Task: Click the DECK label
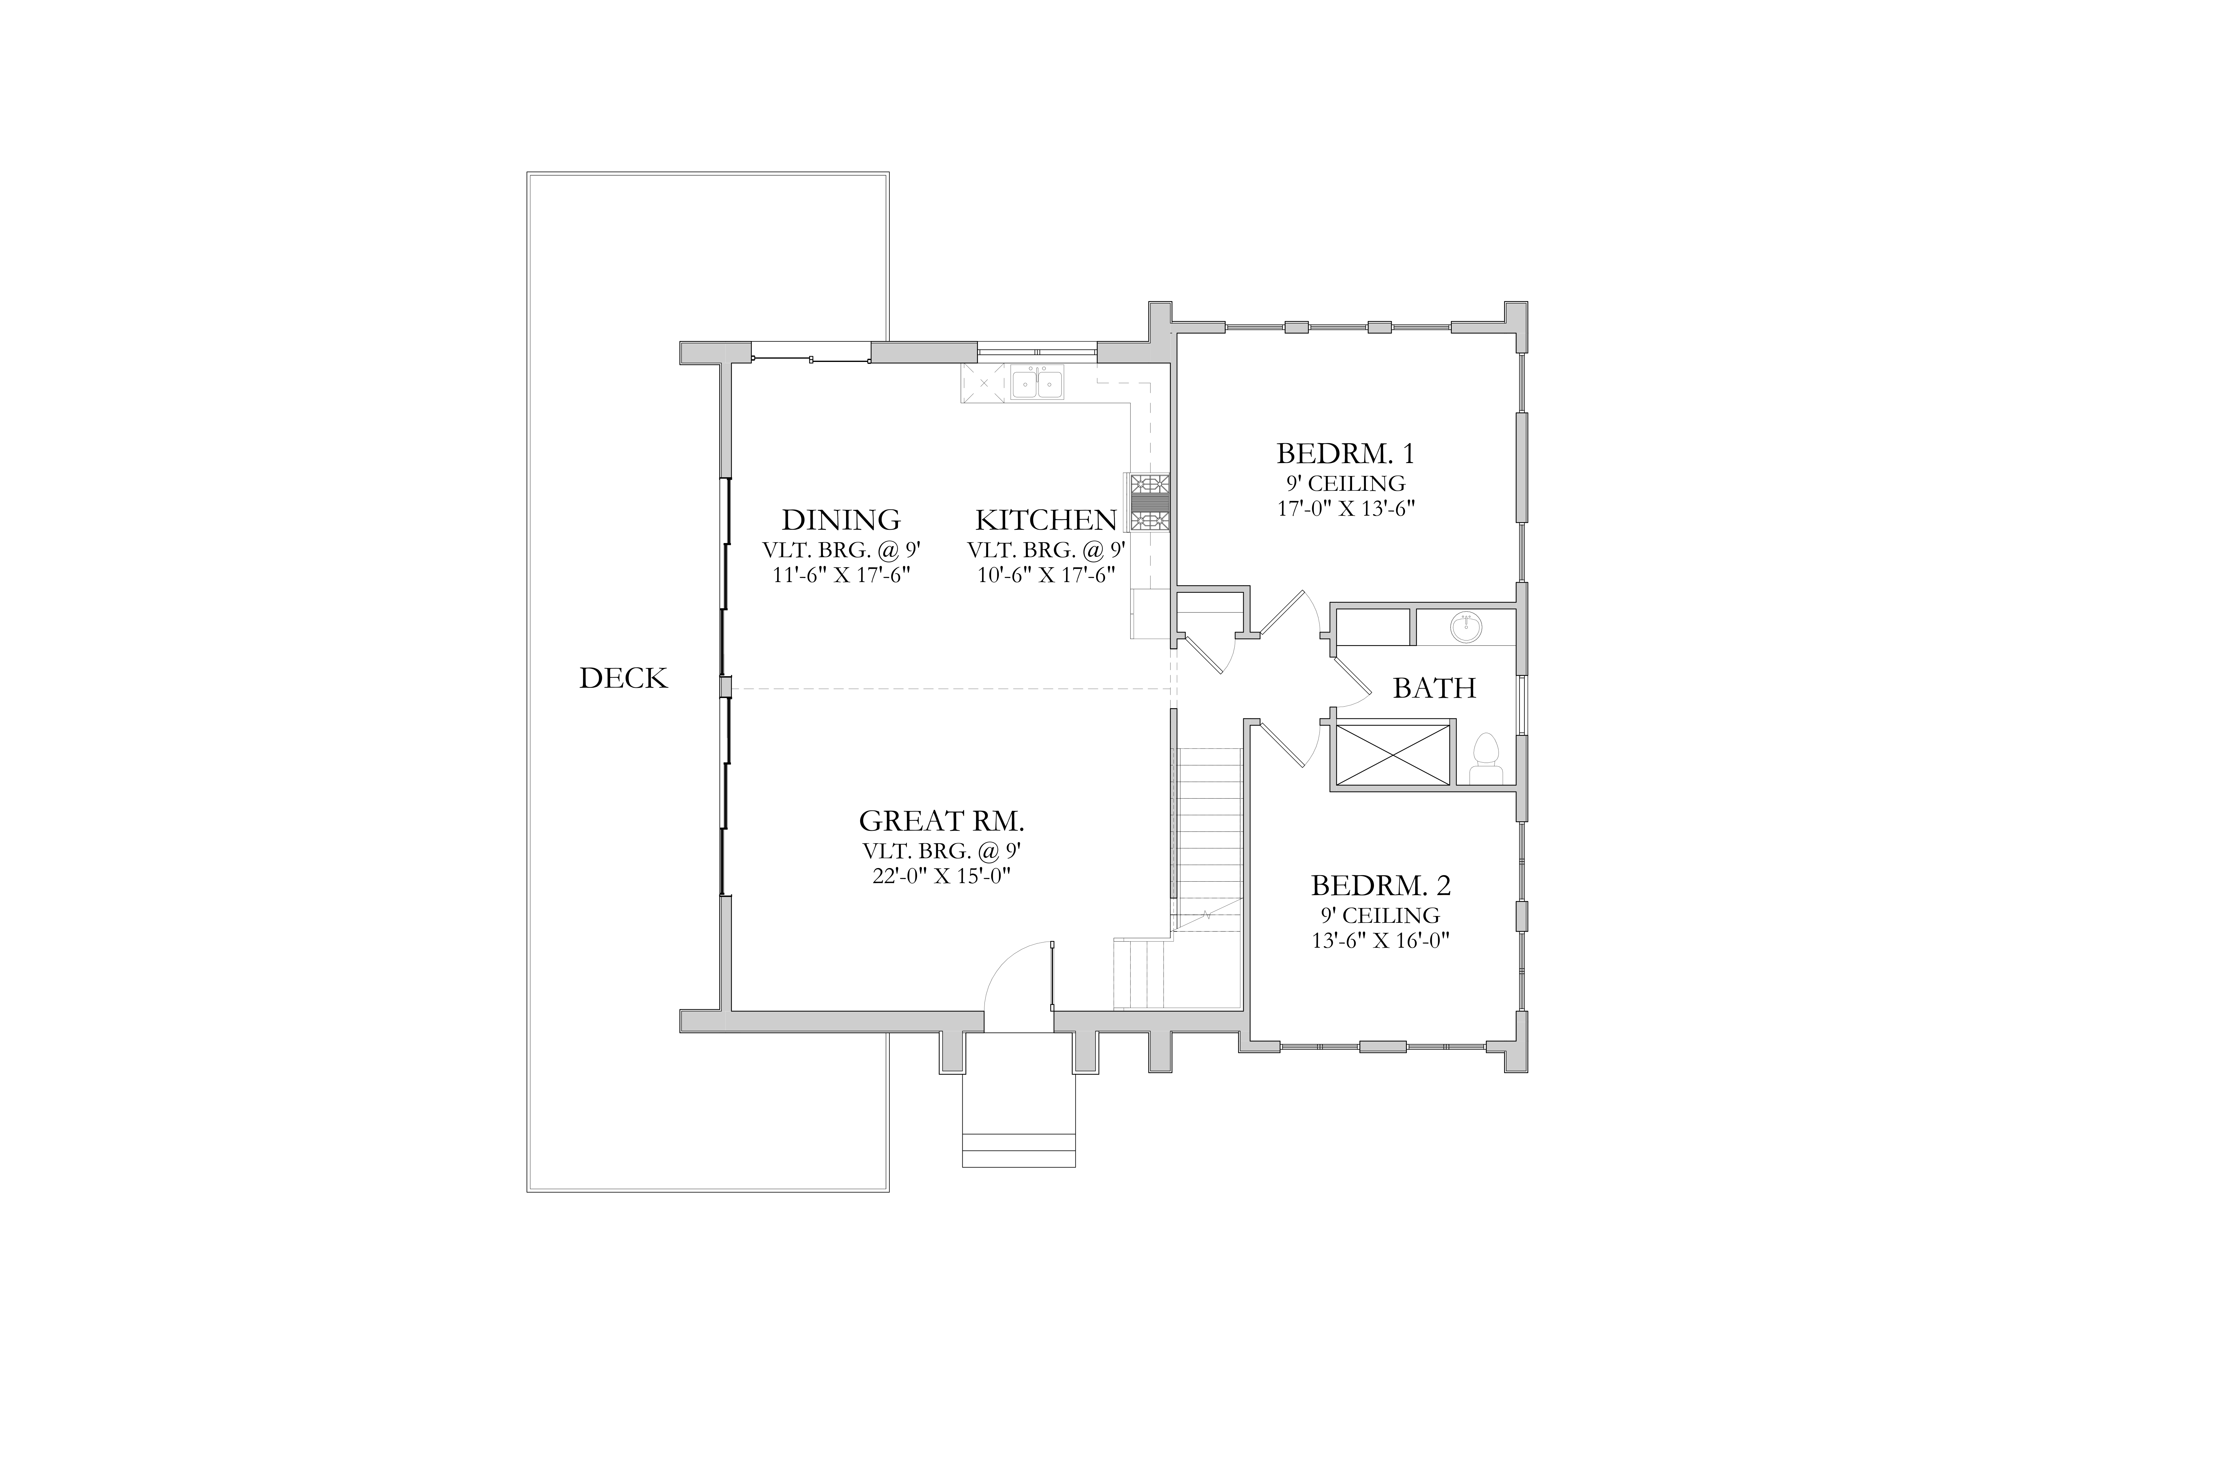click(x=624, y=679)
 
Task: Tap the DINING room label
click(x=841, y=520)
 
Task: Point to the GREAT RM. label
click(x=942, y=821)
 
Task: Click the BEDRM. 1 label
click(x=1346, y=454)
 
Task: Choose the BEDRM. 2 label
click(x=1381, y=886)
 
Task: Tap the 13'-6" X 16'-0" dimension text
click(x=1381, y=940)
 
